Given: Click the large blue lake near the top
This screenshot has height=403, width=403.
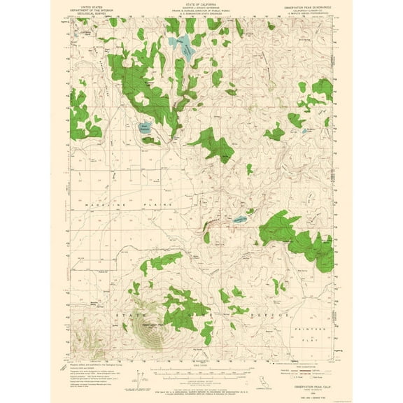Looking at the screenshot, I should pyautogui.click(x=185, y=47).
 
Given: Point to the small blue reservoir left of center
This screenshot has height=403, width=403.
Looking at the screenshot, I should pyautogui.click(x=143, y=128).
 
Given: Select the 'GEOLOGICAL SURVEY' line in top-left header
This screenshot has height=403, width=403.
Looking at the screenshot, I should pyautogui.click(x=82, y=13).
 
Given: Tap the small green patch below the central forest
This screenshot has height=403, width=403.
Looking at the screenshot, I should pyautogui.click(x=249, y=169).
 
